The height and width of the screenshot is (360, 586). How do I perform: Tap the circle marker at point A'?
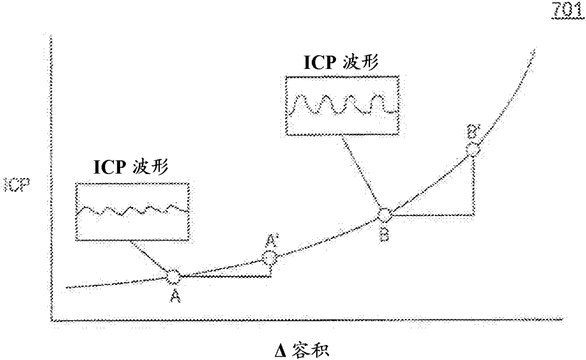(270, 258)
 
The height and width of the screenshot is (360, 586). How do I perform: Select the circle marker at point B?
(384, 215)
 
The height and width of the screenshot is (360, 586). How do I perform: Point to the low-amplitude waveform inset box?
(132, 212)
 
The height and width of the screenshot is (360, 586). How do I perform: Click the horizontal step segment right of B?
(432, 215)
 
